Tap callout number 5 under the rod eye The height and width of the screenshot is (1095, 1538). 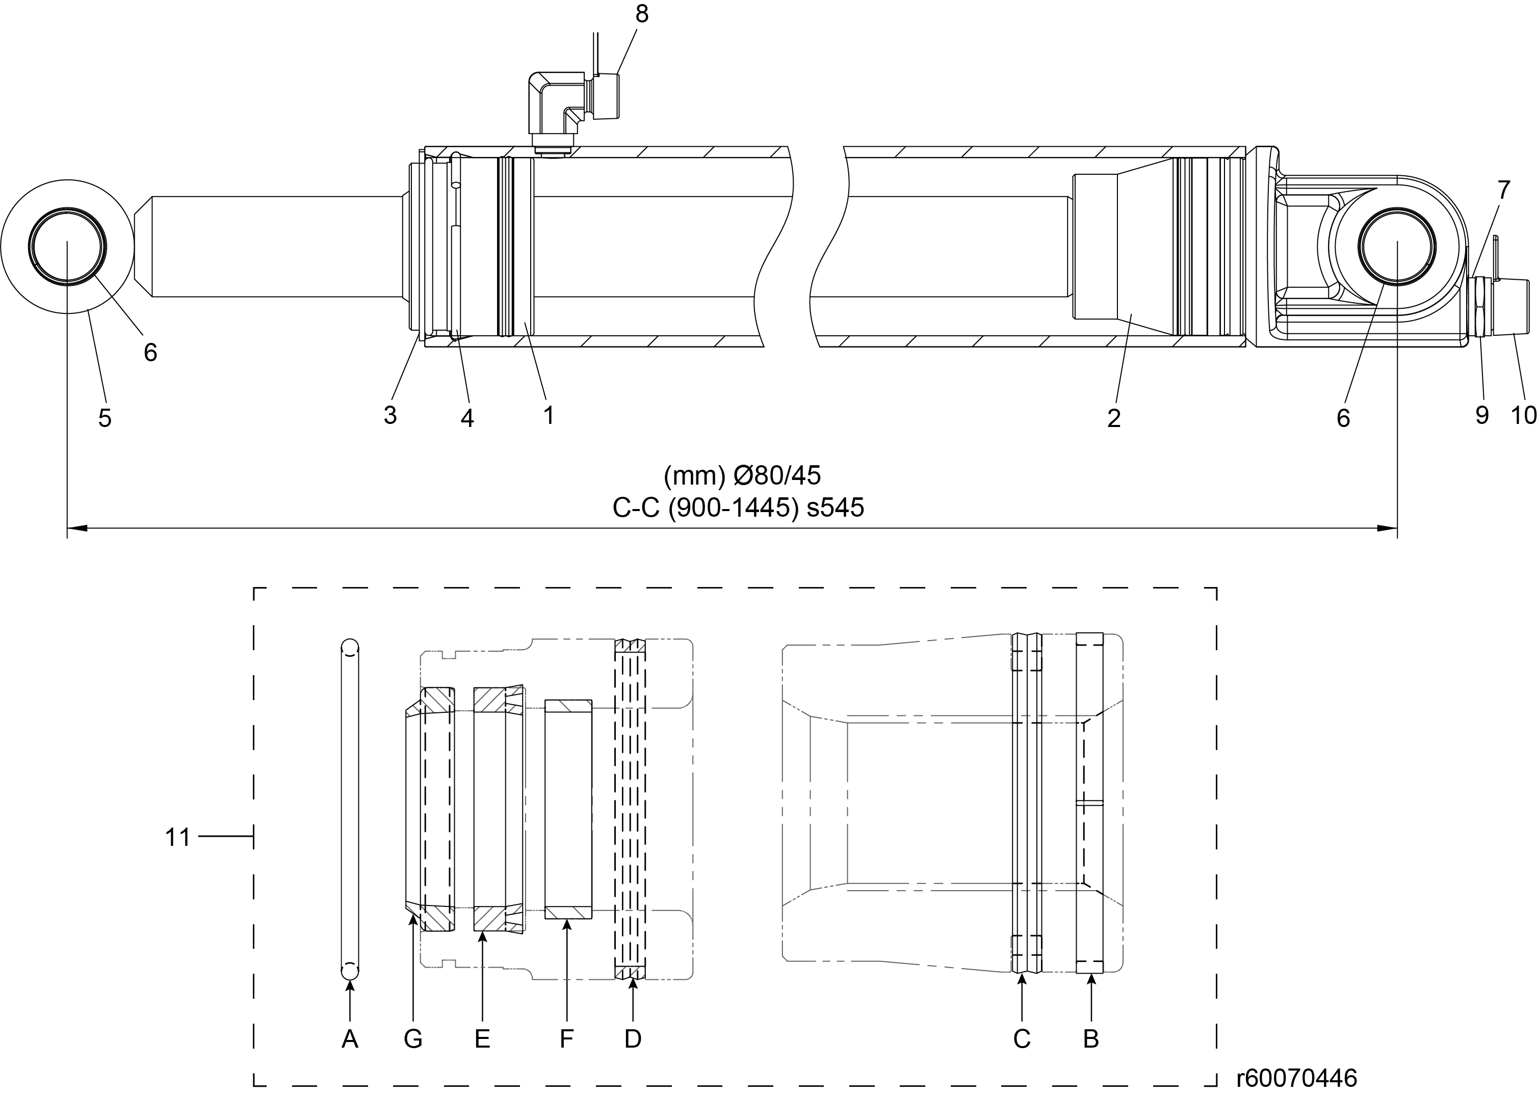pos(105,418)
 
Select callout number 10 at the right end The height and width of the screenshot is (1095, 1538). pos(1523,415)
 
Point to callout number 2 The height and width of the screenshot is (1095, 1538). pos(1114,418)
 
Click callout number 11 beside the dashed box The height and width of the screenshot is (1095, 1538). pos(178,838)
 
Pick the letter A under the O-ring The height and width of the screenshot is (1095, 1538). pos(349,1039)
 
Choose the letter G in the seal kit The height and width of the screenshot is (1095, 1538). pos(413,1039)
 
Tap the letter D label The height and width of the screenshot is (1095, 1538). pos(632,1039)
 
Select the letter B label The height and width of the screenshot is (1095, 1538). pos(1091,1039)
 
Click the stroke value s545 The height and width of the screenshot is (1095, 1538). pos(835,508)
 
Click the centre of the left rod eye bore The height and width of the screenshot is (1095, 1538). pos(67,246)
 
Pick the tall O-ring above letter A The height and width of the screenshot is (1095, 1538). pos(349,809)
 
